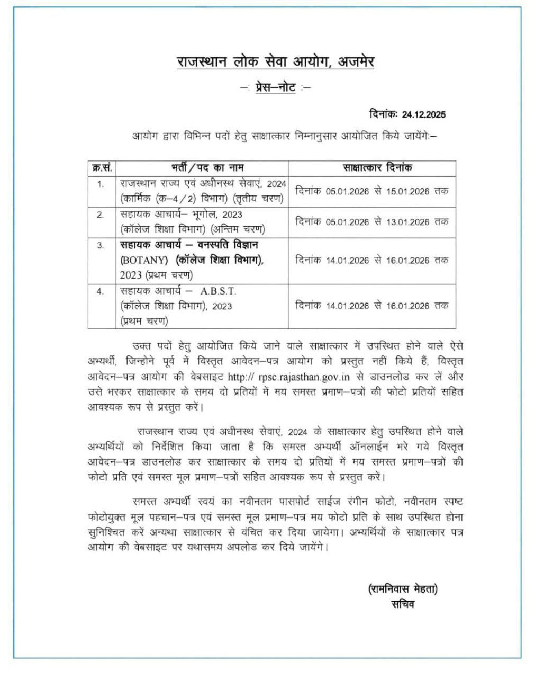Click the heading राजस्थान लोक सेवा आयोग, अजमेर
[275, 61]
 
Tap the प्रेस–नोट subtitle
[275, 87]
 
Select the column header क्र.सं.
[102, 167]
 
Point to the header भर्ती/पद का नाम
[204, 167]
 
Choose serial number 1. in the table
[101, 184]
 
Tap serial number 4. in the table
[101, 291]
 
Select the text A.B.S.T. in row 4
[219, 291]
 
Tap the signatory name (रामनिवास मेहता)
[403, 588]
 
